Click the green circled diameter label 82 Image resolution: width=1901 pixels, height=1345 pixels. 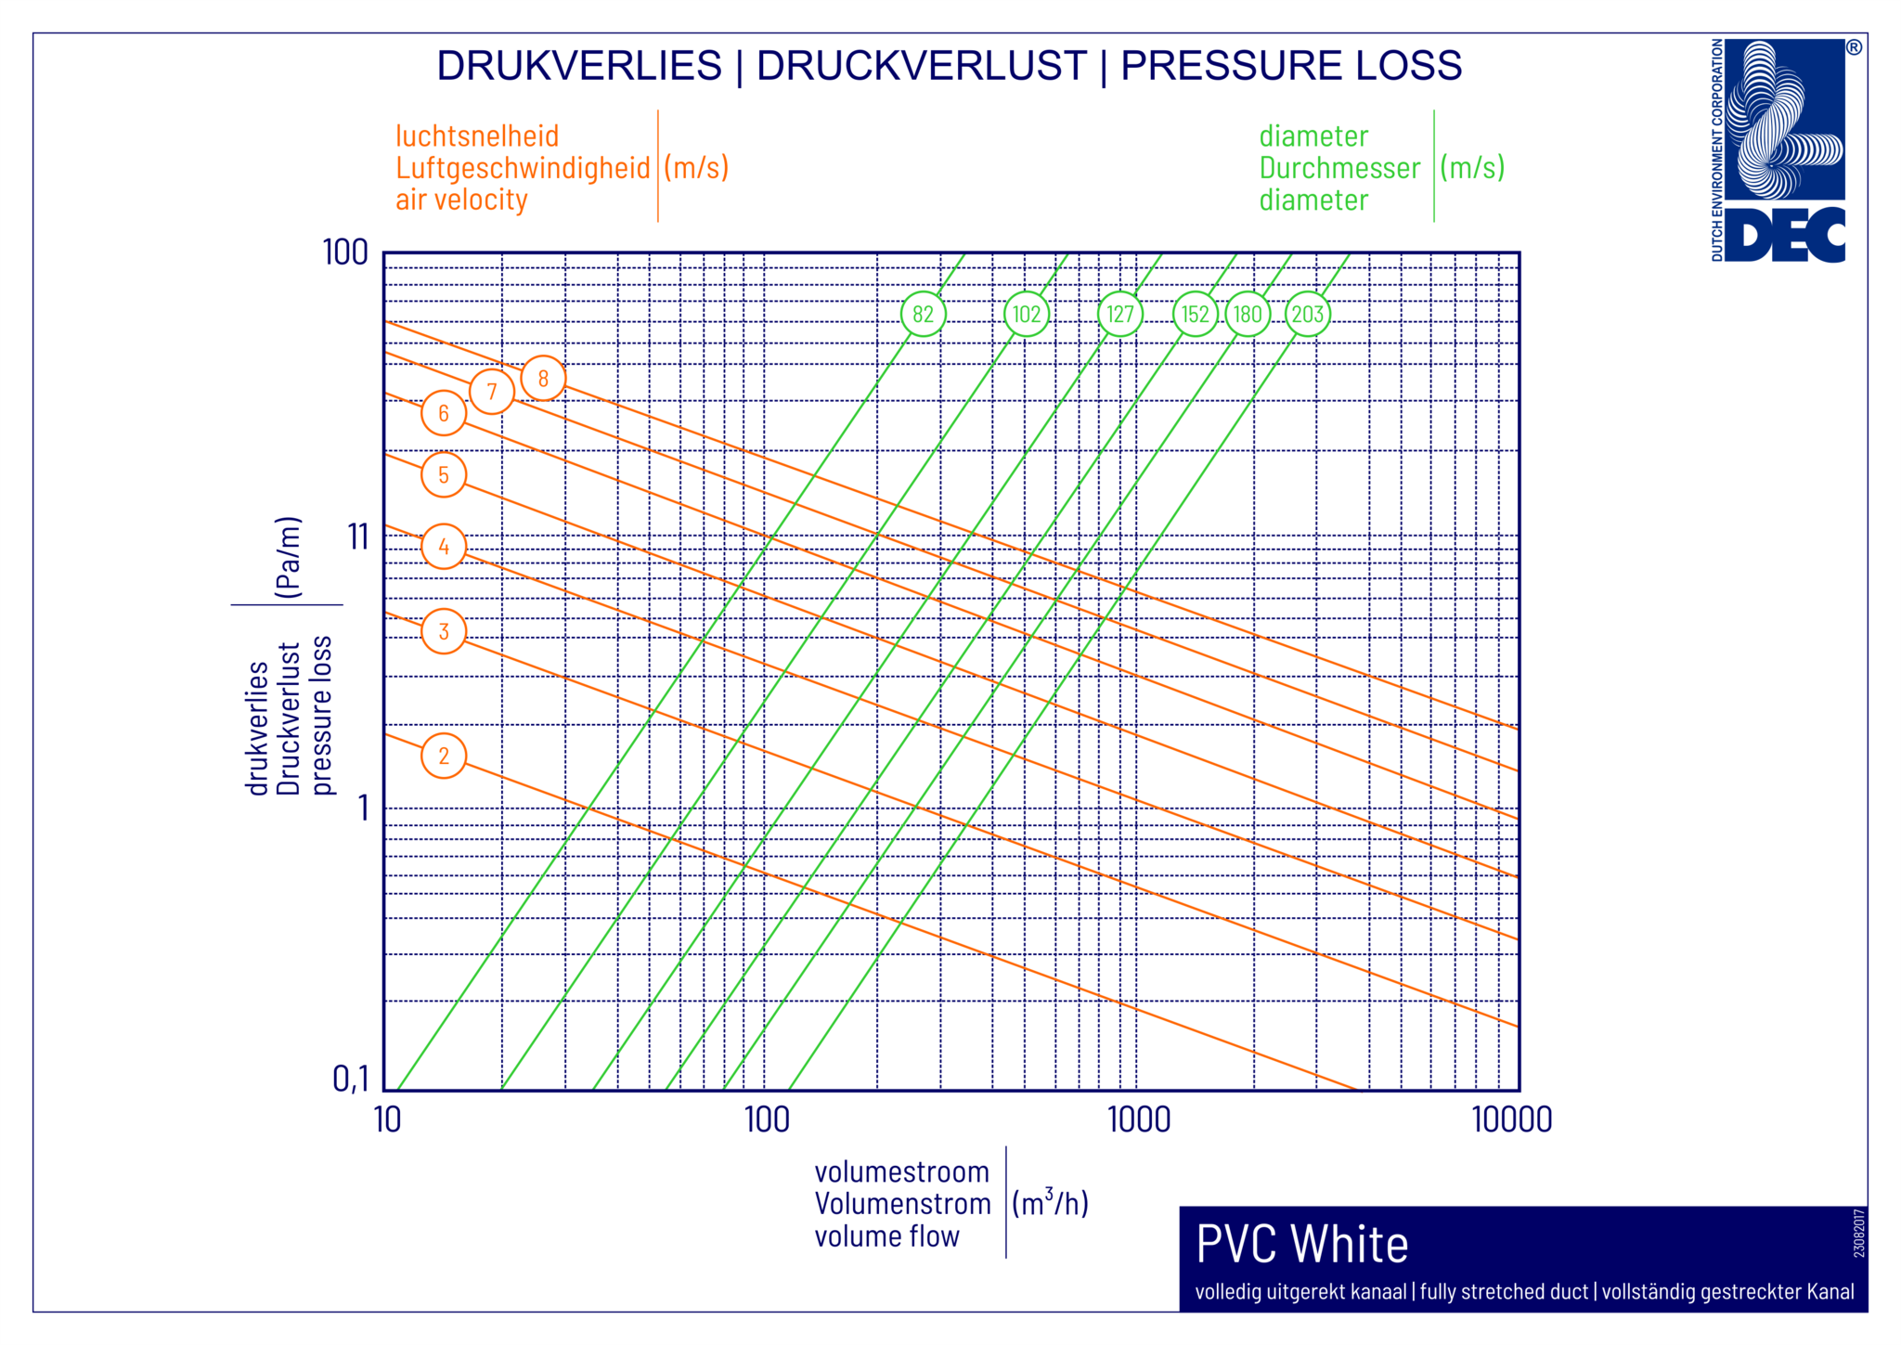pos(923,315)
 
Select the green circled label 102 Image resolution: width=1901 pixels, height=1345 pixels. pos(1027,315)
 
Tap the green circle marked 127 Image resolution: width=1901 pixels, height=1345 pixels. pos(1120,315)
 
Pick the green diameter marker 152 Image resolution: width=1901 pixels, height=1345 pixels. pos(1196,315)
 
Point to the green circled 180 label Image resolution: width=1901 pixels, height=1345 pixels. pos(1248,315)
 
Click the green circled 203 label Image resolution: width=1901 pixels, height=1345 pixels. pos(1308,315)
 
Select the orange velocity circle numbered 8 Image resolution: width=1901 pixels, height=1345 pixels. pos(543,379)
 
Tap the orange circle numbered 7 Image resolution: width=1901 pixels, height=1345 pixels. pos(492,392)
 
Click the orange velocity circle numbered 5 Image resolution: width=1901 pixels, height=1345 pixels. pos(444,475)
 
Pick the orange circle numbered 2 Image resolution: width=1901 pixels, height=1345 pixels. pos(444,756)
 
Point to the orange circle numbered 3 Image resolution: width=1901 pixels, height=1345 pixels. pos(444,632)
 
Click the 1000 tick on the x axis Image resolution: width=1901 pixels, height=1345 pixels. pos(1138,1120)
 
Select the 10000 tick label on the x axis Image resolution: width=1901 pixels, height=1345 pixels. pos(1511,1120)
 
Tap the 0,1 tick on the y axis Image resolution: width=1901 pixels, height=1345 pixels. pos(350,1079)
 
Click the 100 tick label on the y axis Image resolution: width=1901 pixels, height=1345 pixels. pos(345,252)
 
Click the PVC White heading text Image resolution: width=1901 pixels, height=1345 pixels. pos(1301,1244)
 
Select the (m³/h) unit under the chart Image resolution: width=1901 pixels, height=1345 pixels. pos(1050,1203)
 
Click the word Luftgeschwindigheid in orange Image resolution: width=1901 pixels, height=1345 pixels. pos(523,168)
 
